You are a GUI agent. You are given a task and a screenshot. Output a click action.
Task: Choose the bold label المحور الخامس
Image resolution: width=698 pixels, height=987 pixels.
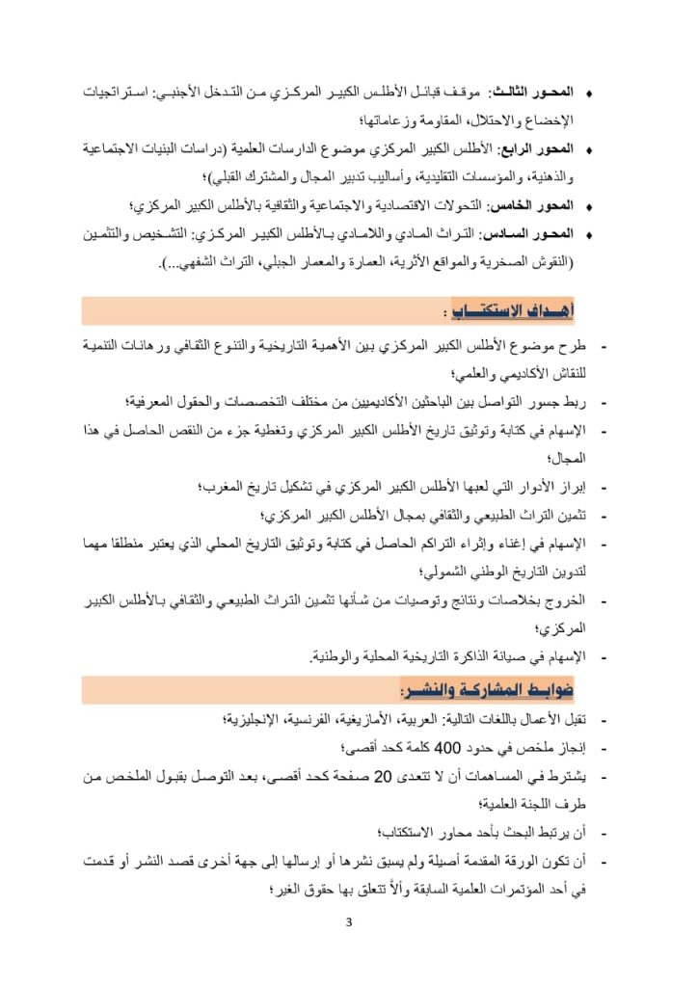533,206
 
